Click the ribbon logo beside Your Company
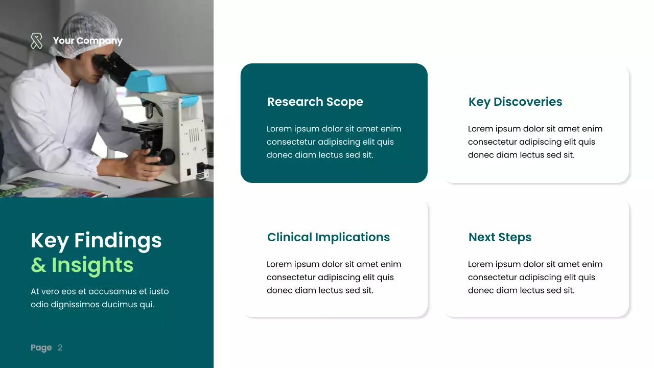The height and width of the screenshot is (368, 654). tap(36, 41)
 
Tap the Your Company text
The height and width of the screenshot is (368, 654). tap(87, 41)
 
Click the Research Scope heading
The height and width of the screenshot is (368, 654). tap(315, 102)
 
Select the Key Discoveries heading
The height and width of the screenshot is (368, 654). tap(515, 102)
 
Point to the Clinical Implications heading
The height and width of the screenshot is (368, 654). tap(328, 237)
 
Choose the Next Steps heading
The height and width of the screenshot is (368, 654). tap(500, 237)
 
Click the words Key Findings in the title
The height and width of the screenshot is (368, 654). tap(96, 240)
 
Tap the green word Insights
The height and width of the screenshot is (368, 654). tap(92, 265)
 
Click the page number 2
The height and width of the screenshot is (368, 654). tap(60, 348)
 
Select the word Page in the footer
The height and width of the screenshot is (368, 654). tap(41, 348)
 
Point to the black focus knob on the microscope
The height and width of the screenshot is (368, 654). tap(166, 156)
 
